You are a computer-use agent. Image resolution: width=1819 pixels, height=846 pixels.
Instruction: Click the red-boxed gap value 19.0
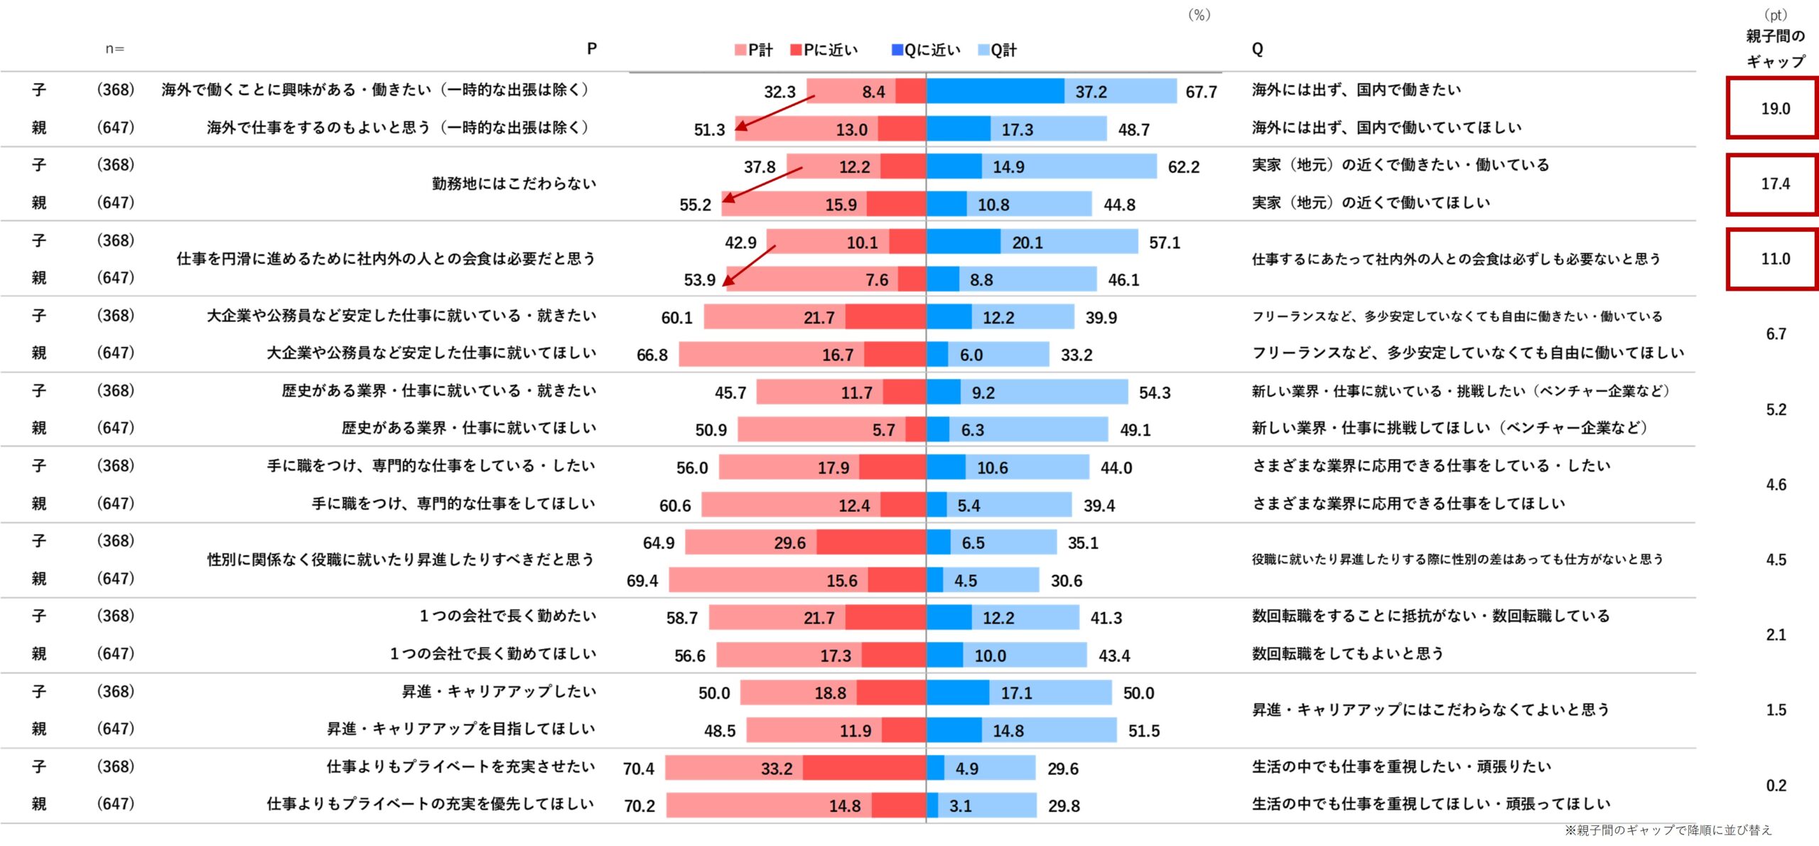tap(1774, 109)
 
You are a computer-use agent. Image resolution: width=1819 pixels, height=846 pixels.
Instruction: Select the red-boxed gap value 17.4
tap(1774, 184)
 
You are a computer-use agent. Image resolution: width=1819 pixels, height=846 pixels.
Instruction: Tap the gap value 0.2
tap(1776, 786)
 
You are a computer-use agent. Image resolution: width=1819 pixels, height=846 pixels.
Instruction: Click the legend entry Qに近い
tap(926, 50)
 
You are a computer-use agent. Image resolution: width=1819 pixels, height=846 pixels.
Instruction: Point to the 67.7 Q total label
tap(1201, 92)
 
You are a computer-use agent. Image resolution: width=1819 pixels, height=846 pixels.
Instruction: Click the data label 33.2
tap(776, 769)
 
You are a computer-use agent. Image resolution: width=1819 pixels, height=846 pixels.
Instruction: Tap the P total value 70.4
tap(638, 769)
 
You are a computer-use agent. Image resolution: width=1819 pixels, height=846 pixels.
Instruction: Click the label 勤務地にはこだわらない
tap(514, 184)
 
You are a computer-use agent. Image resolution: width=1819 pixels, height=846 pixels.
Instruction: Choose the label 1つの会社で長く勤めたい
tap(507, 616)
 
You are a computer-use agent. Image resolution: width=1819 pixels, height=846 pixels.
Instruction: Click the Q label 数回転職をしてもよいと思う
tap(1347, 654)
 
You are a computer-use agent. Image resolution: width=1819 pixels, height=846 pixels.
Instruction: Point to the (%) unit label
tap(1199, 15)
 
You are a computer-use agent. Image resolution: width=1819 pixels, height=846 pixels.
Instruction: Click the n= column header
tap(114, 49)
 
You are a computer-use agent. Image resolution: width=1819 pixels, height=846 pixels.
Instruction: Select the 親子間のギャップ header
tap(1775, 48)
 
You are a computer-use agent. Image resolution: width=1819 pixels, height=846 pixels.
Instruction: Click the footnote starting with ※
tap(1668, 830)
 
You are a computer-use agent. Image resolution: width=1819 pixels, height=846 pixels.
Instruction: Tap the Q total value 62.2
tap(1183, 168)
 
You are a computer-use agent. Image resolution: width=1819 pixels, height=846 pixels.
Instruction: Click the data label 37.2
tap(1091, 92)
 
